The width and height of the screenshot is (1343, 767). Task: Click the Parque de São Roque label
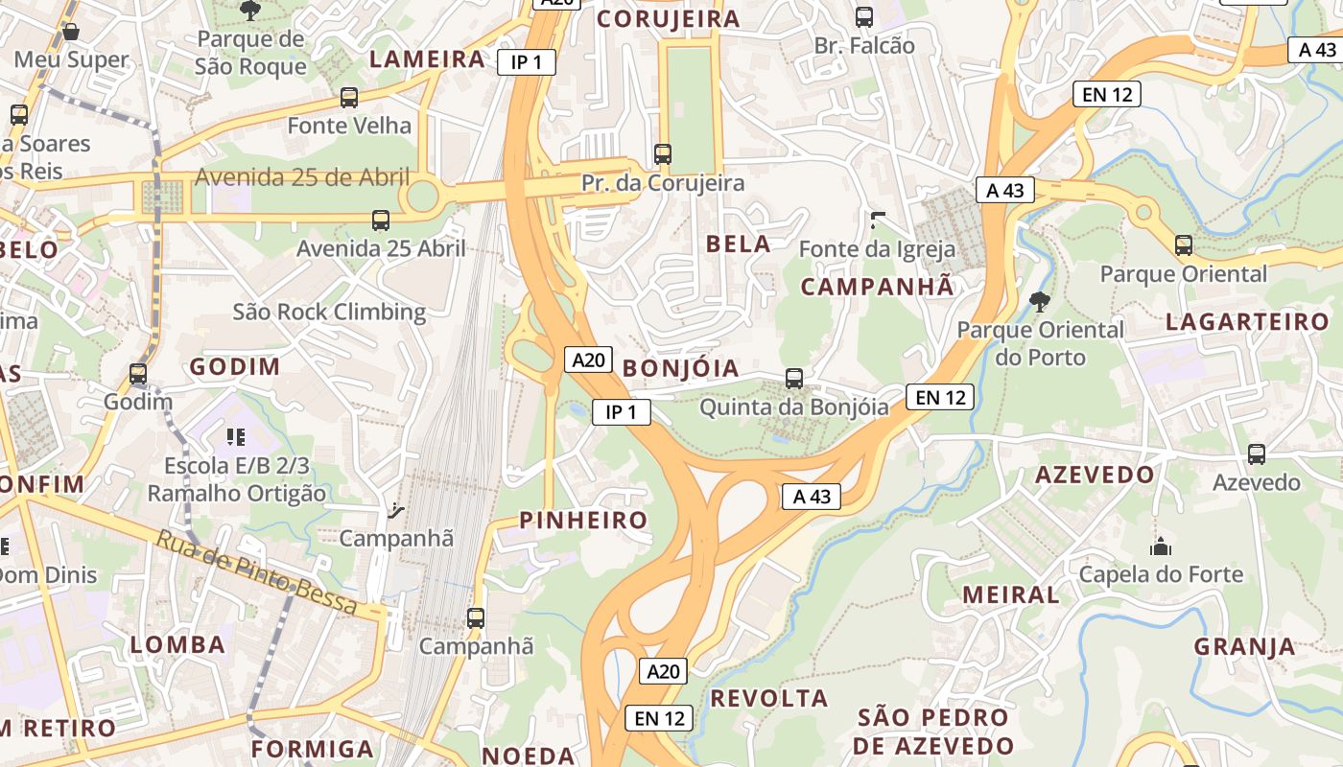pos(250,53)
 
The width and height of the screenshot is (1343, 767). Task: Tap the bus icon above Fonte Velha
pos(349,98)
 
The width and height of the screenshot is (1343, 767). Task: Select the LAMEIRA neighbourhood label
pos(428,58)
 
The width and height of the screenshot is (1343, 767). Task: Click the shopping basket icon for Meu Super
pos(71,33)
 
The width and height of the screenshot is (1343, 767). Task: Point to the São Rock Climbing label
pos(329,312)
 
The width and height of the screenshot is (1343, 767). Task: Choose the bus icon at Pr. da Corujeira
pos(663,153)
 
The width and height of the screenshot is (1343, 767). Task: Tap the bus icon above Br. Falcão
pos(864,16)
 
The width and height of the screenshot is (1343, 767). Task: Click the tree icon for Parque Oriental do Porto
pos(1039,303)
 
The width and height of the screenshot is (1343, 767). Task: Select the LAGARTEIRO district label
pos(1247,321)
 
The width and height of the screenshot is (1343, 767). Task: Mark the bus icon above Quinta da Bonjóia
pos(794,378)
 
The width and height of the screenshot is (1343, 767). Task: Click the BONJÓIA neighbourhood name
pos(681,368)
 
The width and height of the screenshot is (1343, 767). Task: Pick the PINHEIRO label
pos(583,520)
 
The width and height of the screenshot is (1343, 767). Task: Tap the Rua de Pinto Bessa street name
pos(257,573)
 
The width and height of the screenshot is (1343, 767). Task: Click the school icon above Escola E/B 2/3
pos(236,437)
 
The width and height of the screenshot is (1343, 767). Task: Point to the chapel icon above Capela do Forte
pos(1161,547)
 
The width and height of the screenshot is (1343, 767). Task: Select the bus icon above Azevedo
pos(1257,454)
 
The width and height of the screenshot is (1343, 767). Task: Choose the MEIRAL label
pos(1011,594)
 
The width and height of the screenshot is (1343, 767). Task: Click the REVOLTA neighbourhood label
pos(769,698)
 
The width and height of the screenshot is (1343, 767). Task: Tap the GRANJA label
pos(1245,646)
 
